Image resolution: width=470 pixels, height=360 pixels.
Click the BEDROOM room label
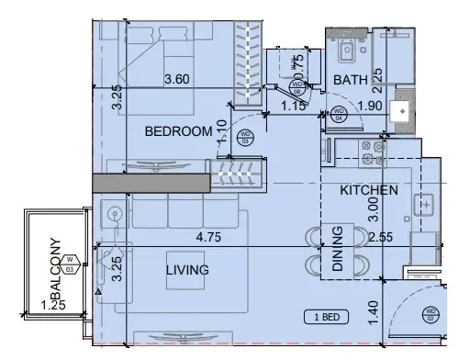click(179, 132)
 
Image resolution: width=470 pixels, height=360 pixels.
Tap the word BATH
click(350, 81)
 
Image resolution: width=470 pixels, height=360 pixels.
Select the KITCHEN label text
click(369, 190)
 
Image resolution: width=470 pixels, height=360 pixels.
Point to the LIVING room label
click(187, 270)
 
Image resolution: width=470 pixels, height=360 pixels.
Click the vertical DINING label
click(337, 249)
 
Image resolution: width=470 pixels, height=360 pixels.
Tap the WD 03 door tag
click(245, 138)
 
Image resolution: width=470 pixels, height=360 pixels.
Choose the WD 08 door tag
click(297, 89)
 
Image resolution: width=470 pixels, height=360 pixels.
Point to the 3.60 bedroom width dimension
click(176, 80)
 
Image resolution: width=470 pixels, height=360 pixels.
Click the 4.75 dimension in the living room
click(211, 236)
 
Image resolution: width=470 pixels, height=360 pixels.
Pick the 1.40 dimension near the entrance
click(373, 314)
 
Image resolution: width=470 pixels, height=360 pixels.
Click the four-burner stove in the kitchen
click(374, 152)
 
